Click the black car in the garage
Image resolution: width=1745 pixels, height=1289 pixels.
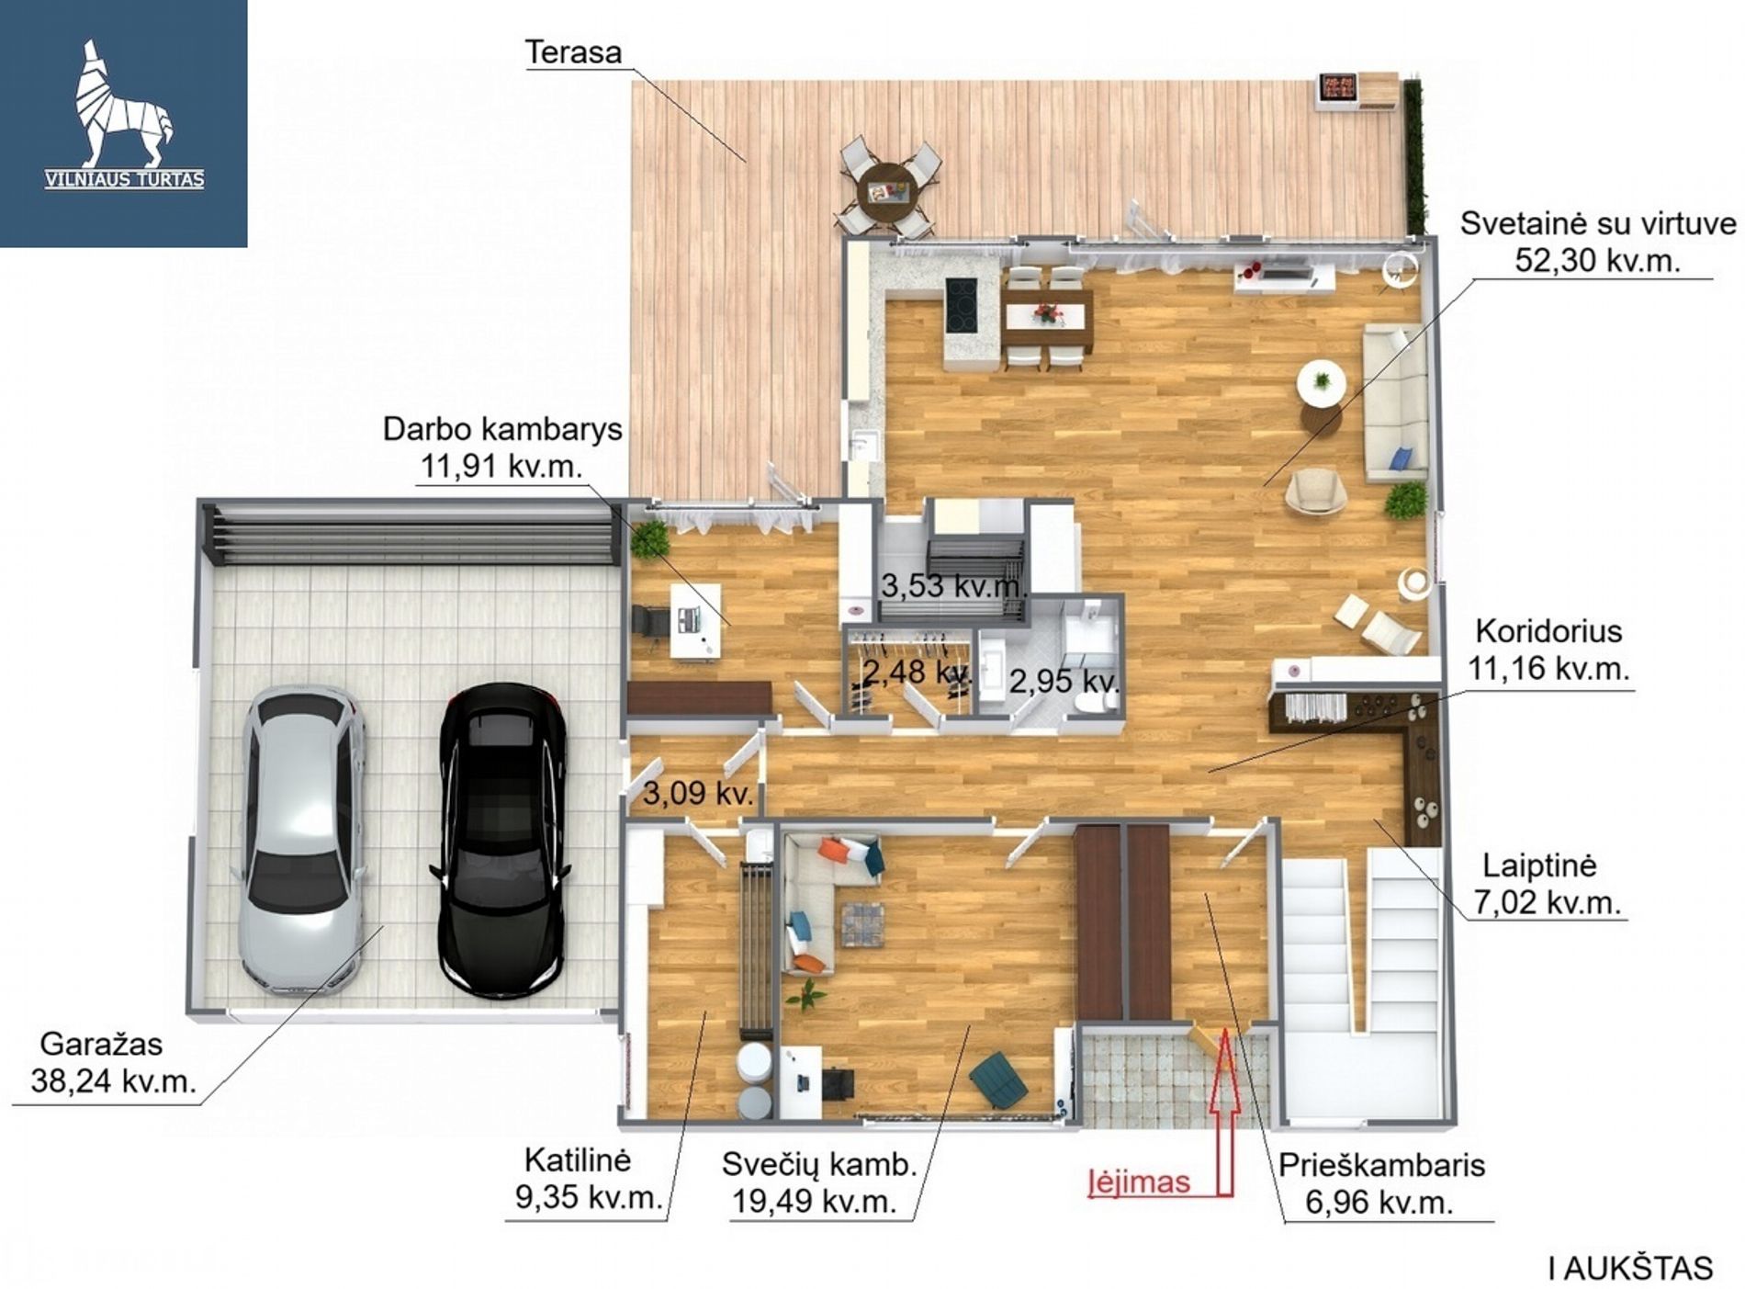click(x=500, y=840)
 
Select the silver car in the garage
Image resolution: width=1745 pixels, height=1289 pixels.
click(x=302, y=840)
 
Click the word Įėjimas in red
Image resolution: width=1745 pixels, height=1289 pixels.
click(x=1139, y=1182)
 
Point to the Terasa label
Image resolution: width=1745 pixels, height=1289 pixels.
click(x=573, y=52)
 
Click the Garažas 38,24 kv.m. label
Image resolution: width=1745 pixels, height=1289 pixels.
click(x=114, y=1062)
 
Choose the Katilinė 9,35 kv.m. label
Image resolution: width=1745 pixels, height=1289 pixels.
click(x=588, y=1179)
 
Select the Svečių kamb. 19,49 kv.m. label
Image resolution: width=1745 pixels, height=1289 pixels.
click(x=819, y=1182)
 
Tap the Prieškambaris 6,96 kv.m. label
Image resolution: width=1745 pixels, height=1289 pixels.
click(x=1381, y=1183)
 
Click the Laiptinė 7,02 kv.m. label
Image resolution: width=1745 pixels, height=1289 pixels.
click(x=1547, y=884)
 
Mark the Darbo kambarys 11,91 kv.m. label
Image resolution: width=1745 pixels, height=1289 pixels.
click(x=502, y=447)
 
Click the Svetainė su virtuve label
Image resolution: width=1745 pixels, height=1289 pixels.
click(x=1598, y=242)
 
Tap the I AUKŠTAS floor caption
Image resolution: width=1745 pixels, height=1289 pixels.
click(x=1630, y=1268)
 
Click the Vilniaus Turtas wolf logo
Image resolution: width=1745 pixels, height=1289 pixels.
click(x=125, y=115)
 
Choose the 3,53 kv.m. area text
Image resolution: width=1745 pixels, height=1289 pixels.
click(x=951, y=585)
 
